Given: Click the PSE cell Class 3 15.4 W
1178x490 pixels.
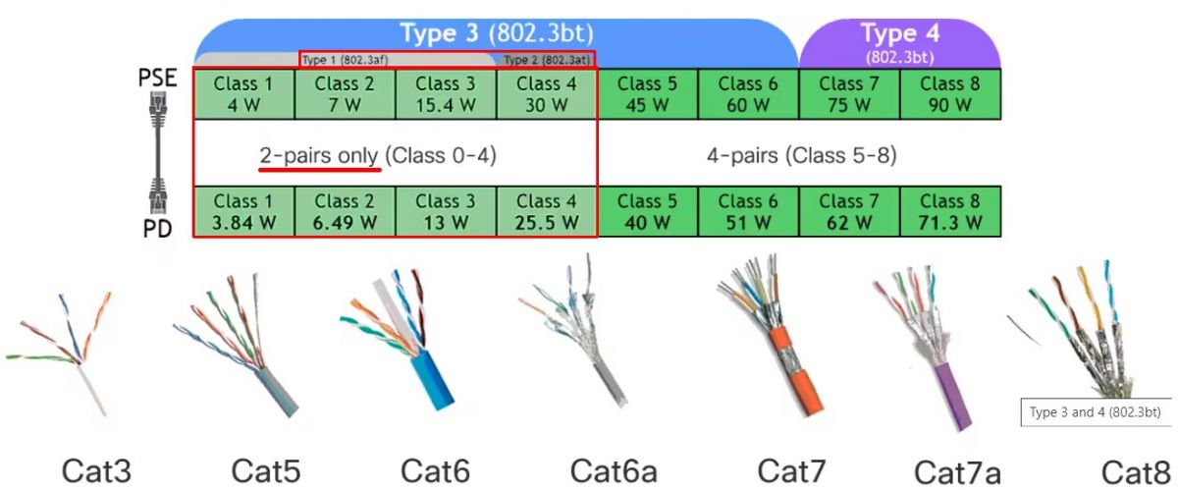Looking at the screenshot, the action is pyautogui.click(x=446, y=94).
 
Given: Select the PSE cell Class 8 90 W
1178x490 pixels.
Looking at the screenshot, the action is pyautogui.click(x=950, y=94).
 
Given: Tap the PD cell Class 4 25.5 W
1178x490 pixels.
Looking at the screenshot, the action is pyautogui.click(x=547, y=211).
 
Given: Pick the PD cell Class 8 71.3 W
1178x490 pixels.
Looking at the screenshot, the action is pyautogui.click(x=950, y=211).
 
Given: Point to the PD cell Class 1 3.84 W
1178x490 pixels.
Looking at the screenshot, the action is pyautogui.click(x=244, y=211).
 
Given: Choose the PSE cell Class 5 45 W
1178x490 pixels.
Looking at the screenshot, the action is pyautogui.click(x=647, y=94).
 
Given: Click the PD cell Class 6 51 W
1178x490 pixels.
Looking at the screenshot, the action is pyautogui.click(x=748, y=211).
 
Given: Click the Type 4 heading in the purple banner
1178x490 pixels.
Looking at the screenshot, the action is pyautogui.click(x=900, y=32).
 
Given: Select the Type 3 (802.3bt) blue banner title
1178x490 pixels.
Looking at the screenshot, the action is pyautogui.click(x=497, y=32).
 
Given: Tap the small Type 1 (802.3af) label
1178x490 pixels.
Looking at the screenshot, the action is pyautogui.click(x=345, y=60).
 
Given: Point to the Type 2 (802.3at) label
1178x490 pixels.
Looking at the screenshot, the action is pyautogui.click(x=547, y=60).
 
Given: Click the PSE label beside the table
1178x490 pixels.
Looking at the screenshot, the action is pyautogui.click(x=157, y=78).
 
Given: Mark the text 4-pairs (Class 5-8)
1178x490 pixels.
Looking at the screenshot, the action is pyautogui.click(x=801, y=156).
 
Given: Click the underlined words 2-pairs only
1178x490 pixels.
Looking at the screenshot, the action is pyautogui.click(x=319, y=156).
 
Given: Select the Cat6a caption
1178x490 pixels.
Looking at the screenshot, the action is pyautogui.click(x=614, y=470).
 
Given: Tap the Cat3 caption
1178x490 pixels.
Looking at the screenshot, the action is pyautogui.click(x=96, y=470).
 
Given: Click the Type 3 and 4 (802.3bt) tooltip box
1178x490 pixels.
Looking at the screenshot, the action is pyautogui.click(x=1096, y=412).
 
